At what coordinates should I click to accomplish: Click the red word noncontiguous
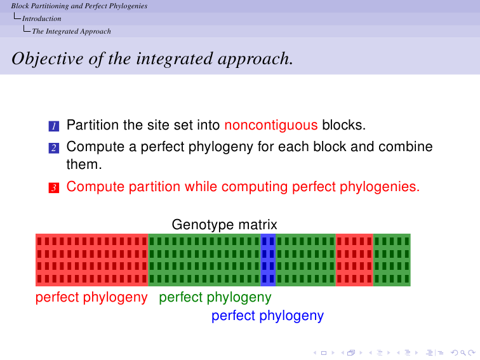[x=271, y=125]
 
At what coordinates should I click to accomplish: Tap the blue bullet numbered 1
[x=54, y=126]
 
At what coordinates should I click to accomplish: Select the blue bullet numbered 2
[x=54, y=148]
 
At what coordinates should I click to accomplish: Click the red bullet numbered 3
[x=54, y=188]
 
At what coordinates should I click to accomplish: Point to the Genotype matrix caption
[x=224, y=225]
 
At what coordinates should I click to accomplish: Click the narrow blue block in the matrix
[x=268, y=260]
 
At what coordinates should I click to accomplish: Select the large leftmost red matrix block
[x=92, y=260]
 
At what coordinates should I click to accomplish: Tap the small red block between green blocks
[x=354, y=260]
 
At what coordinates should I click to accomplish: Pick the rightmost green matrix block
[x=392, y=260]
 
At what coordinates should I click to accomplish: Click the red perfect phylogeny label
[x=91, y=298]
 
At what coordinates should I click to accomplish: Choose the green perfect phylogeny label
[x=215, y=298]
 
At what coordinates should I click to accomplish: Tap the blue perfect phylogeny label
[x=267, y=316]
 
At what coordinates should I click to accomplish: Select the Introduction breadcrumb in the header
[x=42, y=18]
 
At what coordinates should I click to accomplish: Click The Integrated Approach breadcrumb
[x=71, y=31]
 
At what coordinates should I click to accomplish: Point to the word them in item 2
[x=84, y=164]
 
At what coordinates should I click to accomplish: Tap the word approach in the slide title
[x=256, y=60]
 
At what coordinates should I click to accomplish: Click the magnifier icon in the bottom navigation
[x=463, y=353]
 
